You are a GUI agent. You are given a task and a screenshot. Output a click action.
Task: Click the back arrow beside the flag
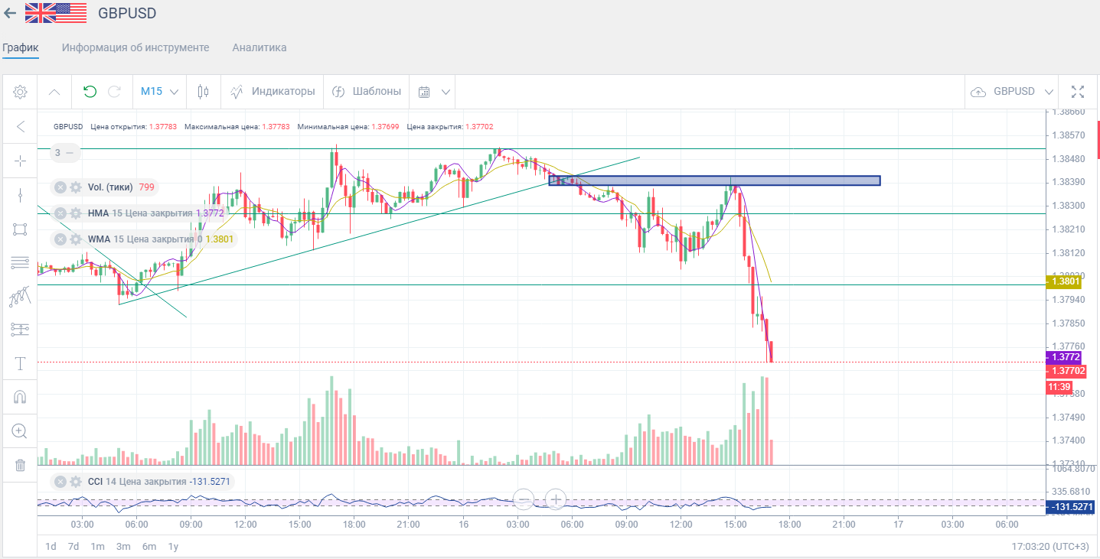10,13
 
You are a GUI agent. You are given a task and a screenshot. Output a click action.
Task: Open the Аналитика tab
259,47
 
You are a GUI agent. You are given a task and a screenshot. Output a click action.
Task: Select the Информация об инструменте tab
135,47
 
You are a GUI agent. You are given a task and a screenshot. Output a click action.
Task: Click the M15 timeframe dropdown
159,92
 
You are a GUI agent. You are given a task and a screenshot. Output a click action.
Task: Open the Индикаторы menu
273,92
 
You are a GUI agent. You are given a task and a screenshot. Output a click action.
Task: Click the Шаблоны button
367,92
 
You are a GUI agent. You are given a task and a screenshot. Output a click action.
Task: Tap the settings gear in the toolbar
21,92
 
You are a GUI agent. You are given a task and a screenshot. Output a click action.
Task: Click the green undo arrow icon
90,92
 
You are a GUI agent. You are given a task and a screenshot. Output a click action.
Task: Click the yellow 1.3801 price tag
1065,281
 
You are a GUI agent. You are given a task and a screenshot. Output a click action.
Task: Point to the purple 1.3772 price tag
1065,357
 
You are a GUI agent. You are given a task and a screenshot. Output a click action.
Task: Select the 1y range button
173,546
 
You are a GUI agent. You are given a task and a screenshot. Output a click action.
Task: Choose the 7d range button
73,546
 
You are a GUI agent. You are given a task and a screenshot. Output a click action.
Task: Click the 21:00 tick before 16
408,524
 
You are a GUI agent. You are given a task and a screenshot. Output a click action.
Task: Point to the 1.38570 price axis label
1069,135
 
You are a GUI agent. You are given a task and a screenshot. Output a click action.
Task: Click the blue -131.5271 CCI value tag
1072,507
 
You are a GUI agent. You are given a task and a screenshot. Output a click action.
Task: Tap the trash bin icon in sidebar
21,465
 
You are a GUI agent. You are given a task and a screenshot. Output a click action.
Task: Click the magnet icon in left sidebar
21,397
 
